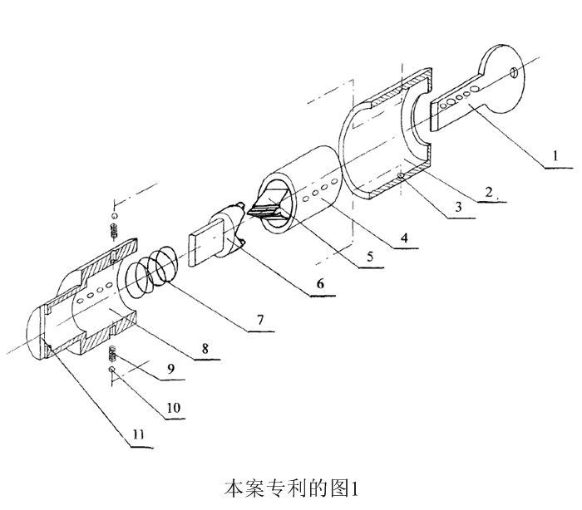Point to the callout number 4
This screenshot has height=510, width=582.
pos(402,238)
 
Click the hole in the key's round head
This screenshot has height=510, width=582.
pos(515,73)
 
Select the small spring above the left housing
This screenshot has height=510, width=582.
pos(115,227)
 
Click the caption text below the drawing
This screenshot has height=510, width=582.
pos(290,488)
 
